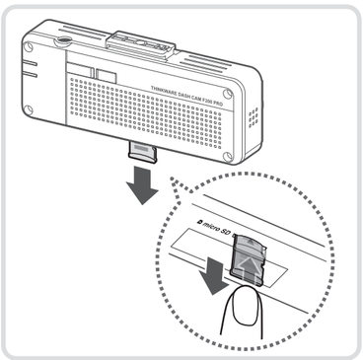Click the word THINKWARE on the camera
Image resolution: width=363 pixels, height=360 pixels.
[164, 90]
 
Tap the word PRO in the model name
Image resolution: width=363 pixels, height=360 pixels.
[217, 104]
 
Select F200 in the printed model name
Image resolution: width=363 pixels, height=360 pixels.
[206, 101]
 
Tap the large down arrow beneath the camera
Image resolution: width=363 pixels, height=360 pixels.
[143, 185]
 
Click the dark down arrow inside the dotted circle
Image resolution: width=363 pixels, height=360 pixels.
[215, 273]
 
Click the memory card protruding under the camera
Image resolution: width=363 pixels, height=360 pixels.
[142, 152]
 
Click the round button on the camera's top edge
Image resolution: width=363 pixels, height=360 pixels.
[63, 39]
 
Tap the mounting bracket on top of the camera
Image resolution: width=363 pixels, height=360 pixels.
[140, 43]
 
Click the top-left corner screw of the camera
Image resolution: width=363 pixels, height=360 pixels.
[29, 46]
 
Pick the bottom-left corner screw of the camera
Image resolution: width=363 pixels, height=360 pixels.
[29, 109]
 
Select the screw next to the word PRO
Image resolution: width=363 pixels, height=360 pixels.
[228, 94]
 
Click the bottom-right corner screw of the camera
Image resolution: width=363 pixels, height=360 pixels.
[228, 156]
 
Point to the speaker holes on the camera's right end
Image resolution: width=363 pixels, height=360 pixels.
[254, 117]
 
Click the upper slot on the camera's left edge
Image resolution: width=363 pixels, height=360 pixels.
[29, 63]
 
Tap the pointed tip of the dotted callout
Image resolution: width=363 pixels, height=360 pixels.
[171, 179]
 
